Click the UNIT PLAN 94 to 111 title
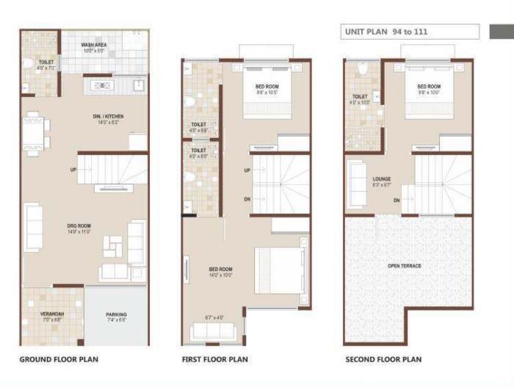pyautogui.click(x=386, y=32)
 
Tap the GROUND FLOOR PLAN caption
pyautogui.click(x=59, y=360)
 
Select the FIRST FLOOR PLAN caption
pyautogui.click(x=215, y=360)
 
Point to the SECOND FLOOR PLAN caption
pyautogui.click(x=383, y=360)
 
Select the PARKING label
pyautogui.click(x=116, y=317)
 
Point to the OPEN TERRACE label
pyautogui.click(x=404, y=266)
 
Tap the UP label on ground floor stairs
pyautogui.click(x=73, y=170)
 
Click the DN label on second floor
pyautogui.click(x=397, y=200)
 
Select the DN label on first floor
pyautogui.click(x=247, y=199)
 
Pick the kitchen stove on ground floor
pyautogui.click(x=101, y=85)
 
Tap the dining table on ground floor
pyautogui.click(x=35, y=134)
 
